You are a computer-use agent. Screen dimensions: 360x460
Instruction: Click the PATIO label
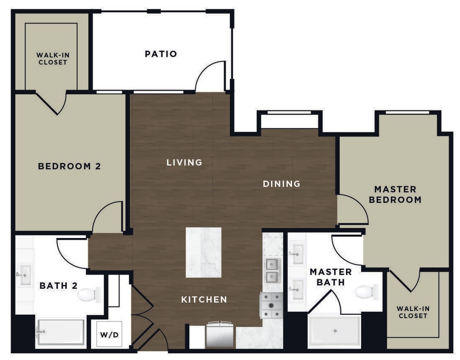click(161, 54)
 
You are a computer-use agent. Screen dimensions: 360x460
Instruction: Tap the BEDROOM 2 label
click(69, 166)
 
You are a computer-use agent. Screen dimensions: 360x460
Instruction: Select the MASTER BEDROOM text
click(395, 194)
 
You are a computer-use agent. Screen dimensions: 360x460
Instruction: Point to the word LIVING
click(184, 163)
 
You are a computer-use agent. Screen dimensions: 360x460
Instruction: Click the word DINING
click(281, 184)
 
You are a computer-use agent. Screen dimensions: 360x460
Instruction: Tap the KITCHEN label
click(204, 299)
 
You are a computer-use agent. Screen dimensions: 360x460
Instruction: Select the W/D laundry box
click(109, 334)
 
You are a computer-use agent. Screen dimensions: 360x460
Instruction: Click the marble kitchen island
click(203, 252)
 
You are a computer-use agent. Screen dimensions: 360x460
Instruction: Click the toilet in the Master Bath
click(366, 292)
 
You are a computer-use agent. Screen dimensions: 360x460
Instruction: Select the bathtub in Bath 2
click(60, 332)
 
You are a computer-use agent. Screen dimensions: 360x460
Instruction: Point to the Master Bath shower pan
click(335, 331)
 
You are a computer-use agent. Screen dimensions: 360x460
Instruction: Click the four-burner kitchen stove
click(272, 305)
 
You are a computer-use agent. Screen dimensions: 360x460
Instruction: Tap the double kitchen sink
click(272, 270)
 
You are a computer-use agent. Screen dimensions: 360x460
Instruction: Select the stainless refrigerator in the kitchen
click(220, 334)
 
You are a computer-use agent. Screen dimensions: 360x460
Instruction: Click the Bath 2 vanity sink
click(24, 275)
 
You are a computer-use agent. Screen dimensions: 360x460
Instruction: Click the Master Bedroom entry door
click(351, 209)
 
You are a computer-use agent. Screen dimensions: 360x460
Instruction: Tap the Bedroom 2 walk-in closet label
click(52, 58)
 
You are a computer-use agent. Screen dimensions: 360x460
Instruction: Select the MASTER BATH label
click(330, 277)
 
